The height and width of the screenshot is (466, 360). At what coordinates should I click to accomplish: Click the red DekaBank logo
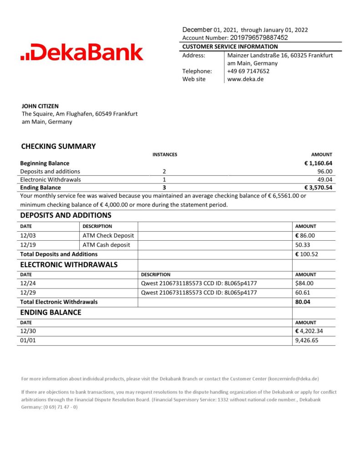pyautogui.click(x=82, y=52)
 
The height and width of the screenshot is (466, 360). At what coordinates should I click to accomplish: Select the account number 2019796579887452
pyautogui.click(x=259, y=38)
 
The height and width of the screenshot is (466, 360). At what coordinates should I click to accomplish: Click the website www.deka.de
pyautogui.click(x=245, y=79)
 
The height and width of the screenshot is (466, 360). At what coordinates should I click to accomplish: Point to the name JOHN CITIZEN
pyautogui.click(x=40, y=106)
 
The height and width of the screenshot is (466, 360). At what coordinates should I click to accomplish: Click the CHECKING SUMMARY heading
pyautogui.click(x=58, y=146)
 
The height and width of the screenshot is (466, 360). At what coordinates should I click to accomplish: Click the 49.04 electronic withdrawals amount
pyautogui.click(x=325, y=179)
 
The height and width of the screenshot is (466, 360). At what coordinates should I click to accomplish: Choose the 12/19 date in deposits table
pyautogui.click(x=28, y=245)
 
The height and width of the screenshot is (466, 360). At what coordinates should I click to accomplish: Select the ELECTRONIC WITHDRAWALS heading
pyautogui.click(x=69, y=264)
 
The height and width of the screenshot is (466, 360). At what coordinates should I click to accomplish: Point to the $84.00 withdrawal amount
pyautogui.click(x=304, y=284)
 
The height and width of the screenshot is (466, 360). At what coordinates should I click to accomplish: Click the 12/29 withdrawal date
pyautogui.click(x=28, y=293)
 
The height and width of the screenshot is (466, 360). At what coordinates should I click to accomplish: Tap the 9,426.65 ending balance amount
pyautogui.click(x=307, y=340)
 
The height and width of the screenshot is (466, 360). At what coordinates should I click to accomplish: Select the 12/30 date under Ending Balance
pyautogui.click(x=28, y=331)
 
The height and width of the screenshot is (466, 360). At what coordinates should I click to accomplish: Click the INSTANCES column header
pyautogui.click(x=164, y=155)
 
